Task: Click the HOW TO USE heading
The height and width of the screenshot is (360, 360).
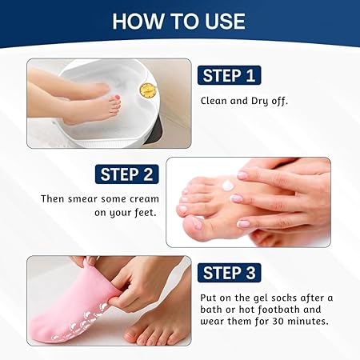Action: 179,21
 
